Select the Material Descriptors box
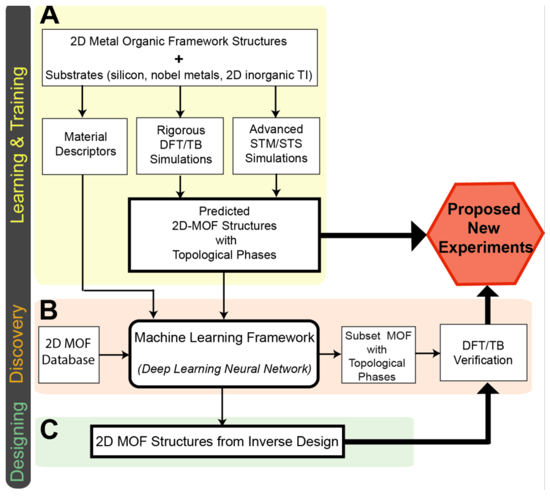click(x=85, y=146)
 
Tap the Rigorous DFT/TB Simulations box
click(x=180, y=146)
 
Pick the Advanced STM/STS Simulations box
click(x=276, y=146)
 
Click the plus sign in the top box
click(x=179, y=59)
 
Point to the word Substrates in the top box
click(x=74, y=75)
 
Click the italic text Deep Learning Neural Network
click(x=224, y=369)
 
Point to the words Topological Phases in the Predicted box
click(x=224, y=255)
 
